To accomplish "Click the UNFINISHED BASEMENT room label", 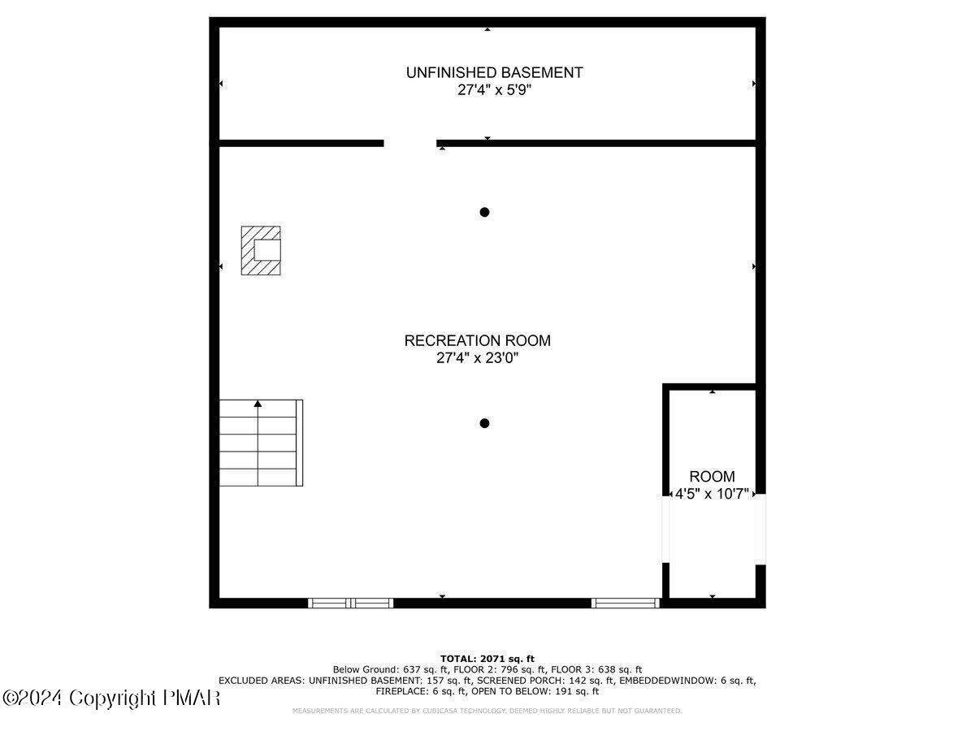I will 494,72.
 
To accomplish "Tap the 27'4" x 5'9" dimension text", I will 494,90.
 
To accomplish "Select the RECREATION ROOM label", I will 477,340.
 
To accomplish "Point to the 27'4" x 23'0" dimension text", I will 477,358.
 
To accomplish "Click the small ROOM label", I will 712,477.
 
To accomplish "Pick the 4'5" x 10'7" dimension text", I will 713,494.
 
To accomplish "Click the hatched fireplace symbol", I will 261,250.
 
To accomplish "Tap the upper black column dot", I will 484,212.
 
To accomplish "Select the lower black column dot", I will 484,422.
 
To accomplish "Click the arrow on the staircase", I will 258,403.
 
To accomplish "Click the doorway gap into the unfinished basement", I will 409,144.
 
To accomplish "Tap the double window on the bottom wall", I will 351,603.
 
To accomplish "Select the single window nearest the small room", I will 625,603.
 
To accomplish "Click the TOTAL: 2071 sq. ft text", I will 487,658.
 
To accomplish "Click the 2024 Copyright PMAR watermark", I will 111,698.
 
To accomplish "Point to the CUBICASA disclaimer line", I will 487,711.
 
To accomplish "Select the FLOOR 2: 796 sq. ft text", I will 500,669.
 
